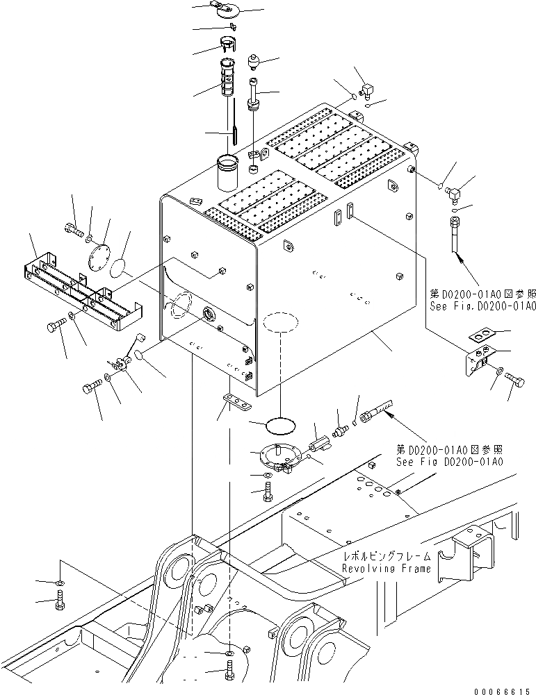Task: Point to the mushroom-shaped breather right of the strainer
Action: point(253,62)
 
